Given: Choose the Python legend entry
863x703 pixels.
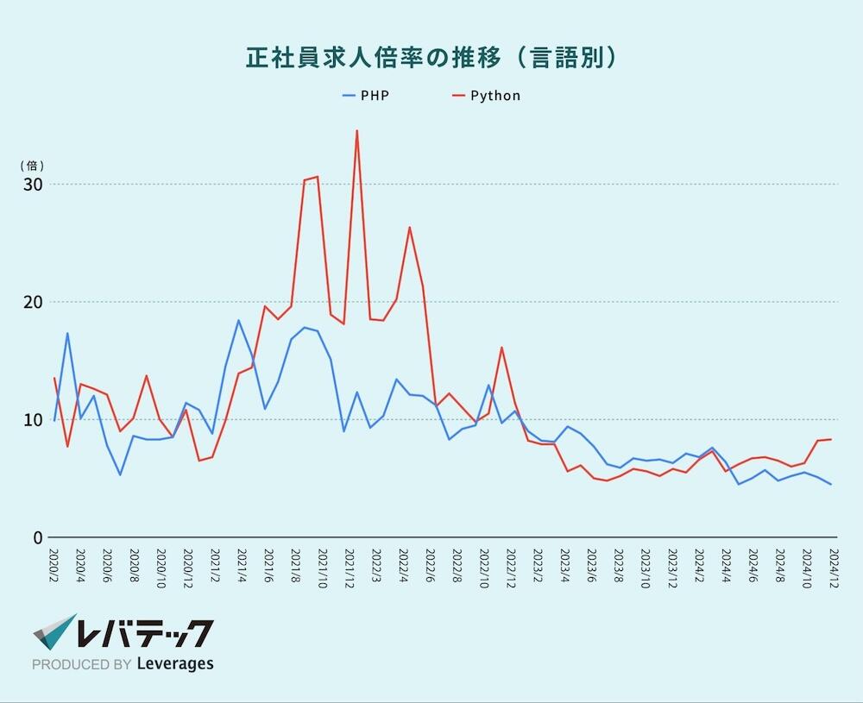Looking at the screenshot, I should click(494, 96).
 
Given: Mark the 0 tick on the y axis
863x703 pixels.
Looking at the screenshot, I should click(38, 537).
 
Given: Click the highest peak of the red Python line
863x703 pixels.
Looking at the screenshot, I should click(356, 131).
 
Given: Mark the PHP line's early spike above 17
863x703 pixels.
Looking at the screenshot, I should click(67, 333).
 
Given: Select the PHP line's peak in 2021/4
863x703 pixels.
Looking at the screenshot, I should click(238, 321).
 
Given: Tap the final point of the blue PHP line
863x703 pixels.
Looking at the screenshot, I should click(831, 484).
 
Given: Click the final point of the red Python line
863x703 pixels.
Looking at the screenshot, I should click(831, 439).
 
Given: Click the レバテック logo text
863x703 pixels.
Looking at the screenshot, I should click(143, 635).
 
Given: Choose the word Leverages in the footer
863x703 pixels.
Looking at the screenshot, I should click(175, 664).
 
